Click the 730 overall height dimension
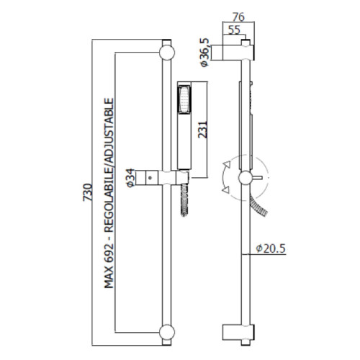point(87,192)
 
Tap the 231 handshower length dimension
point(202,130)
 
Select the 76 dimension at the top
point(238,17)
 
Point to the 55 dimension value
point(234,30)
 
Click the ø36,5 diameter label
point(204,53)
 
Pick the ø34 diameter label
point(130,178)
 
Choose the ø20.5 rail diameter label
point(271,248)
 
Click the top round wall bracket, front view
point(167,53)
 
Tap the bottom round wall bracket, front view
point(167,333)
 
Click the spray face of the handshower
point(184,99)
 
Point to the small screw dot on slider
point(150,178)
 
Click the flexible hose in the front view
point(184,199)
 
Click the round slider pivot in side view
point(246,178)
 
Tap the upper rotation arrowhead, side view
point(227,165)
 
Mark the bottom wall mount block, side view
point(238,333)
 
